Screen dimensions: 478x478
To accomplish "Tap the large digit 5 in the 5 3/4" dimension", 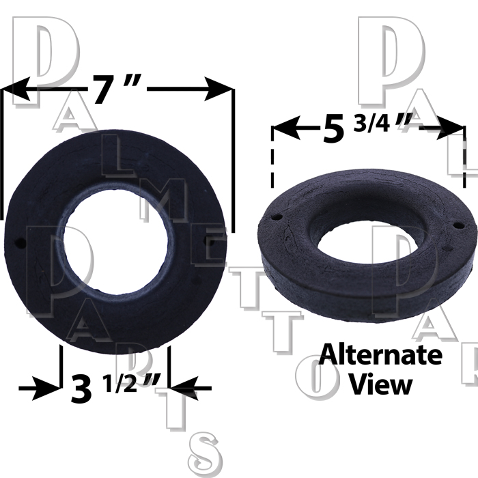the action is click(x=333, y=128).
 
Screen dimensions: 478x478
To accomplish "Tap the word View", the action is click(x=380, y=384).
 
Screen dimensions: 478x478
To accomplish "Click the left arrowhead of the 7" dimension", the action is click(x=16, y=89).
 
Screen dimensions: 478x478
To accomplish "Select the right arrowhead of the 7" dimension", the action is click(x=219, y=89).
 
